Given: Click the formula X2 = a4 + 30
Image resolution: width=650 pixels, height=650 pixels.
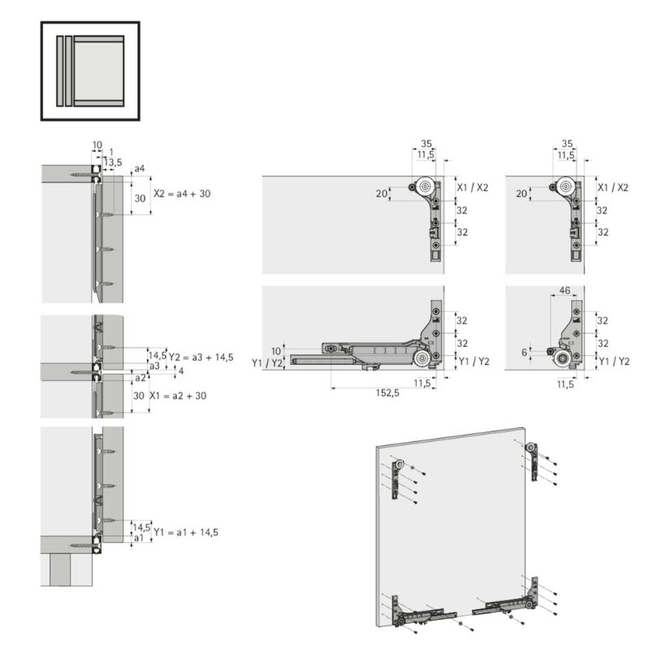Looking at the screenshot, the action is click(x=182, y=193).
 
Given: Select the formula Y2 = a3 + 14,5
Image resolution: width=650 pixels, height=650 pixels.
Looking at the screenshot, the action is click(x=201, y=357).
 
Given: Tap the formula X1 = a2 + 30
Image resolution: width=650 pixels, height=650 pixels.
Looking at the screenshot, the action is click(x=178, y=396).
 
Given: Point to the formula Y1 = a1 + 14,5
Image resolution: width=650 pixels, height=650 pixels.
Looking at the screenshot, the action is click(x=186, y=532).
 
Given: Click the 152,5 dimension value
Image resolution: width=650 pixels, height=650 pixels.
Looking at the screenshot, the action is click(x=388, y=393).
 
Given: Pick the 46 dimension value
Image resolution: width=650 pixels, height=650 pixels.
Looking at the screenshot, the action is click(x=565, y=291).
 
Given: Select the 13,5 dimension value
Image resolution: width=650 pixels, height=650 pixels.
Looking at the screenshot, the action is click(x=113, y=162).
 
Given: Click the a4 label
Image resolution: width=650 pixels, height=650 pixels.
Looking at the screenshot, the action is click(x=140, y=169).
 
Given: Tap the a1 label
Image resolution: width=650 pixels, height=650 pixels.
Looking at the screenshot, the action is click(x=139, y=538).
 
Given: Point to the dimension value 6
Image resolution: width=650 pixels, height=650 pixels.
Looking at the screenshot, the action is click(x=524, y=353).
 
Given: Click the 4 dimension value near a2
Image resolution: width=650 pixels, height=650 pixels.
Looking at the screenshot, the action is click(x=180, y=371).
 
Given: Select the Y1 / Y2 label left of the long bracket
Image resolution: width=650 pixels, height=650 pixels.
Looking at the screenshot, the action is click(x=267, y=363).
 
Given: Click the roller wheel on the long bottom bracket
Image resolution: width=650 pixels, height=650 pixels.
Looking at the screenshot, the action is click(x=422, y=358).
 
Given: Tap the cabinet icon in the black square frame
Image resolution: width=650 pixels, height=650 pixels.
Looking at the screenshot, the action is click(x=90, y=71).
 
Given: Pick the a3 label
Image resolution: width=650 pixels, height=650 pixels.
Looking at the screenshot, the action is click(x=154, y=366).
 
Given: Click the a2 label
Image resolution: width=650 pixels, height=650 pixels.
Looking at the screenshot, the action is click(x=141, y=378).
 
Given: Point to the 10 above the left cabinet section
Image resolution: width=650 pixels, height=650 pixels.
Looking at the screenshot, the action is click(x=97, y=145).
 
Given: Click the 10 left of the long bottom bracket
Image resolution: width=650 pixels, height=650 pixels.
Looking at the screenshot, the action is click(x=275, y=351).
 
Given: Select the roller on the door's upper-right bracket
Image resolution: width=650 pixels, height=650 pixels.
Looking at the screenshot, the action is click(x=531, y=448).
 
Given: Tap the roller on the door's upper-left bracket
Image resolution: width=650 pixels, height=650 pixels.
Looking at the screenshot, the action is click(x=399, y=465).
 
